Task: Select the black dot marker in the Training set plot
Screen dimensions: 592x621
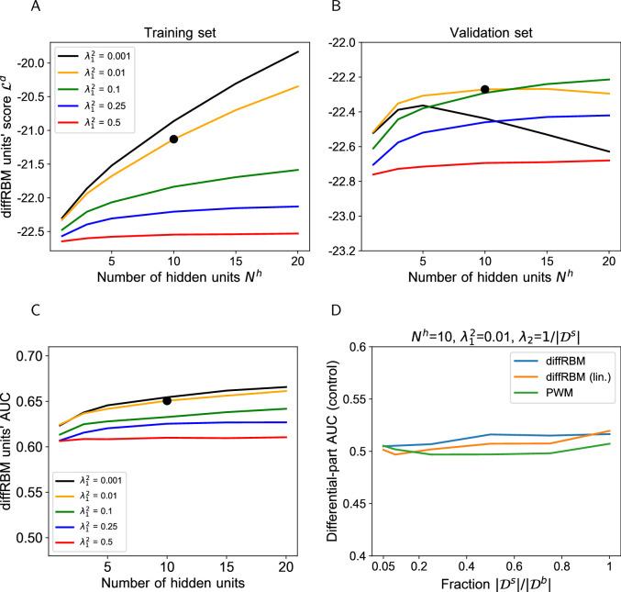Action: (x=173, y=139)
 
